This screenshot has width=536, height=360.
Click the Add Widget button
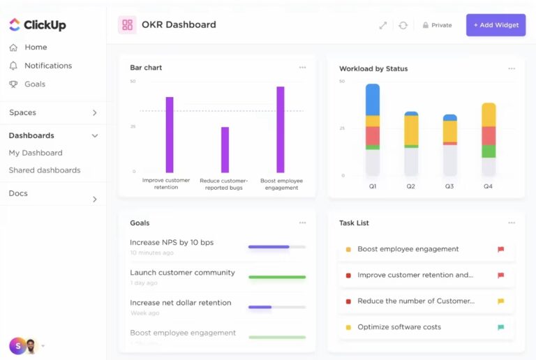tap(496, 25)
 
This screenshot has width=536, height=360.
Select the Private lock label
tap(437, 25)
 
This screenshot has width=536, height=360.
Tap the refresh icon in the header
tap(403, 25)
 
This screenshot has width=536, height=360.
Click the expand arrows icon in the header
tap(382, 25)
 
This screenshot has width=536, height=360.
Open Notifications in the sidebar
tap(47, 66)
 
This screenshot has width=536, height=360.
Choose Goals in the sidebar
tap(35, 84)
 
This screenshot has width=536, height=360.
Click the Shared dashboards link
tap(45, 170)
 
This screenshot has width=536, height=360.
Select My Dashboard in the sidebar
tap(36, 153)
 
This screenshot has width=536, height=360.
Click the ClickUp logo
tap(38, 25)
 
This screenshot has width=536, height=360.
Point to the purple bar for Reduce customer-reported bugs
tap(225, 149)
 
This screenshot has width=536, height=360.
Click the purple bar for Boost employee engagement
tap(280, 129)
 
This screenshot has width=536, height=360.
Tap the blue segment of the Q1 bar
tap(373, 99)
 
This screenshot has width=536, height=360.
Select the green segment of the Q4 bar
tap(489, 151)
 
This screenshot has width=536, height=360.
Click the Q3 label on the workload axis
tap(449, 186)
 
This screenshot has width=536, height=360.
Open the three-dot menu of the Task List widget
tap(512, 223)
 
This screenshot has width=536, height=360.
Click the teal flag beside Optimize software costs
tap(500, 327)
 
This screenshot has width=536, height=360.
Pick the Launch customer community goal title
tap(182, 273)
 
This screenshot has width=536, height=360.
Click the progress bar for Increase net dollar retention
tap(277, 307)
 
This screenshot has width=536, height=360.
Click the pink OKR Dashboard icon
tap(127, 25)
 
